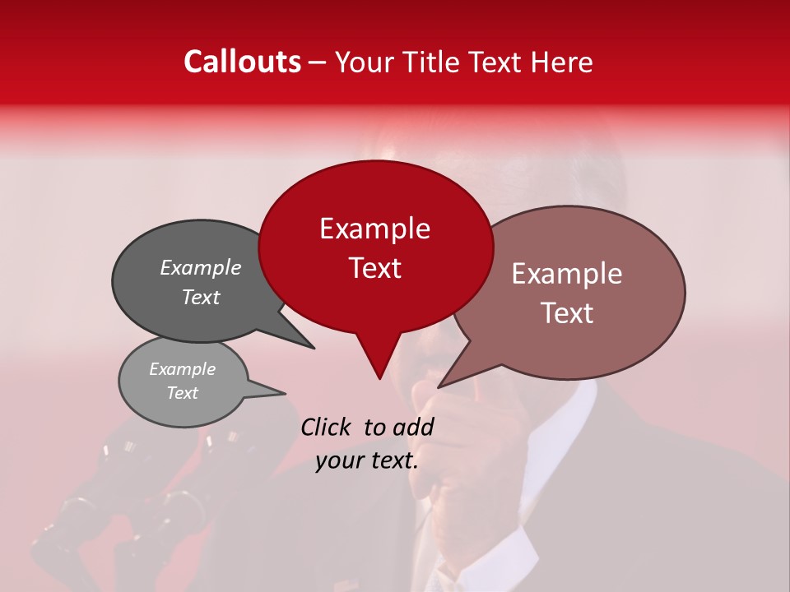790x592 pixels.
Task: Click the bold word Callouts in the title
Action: pos(242,62)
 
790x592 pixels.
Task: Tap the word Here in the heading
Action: pos(562,62)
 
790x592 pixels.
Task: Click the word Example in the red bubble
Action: pos(374,229)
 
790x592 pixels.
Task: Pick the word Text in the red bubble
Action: pos(374,268)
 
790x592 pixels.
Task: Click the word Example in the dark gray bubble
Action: pos(200,267)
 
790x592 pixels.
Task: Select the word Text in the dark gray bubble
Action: pos(200,297)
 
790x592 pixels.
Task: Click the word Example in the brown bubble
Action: pos(566,274)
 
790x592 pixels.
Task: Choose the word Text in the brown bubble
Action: pos(566,313)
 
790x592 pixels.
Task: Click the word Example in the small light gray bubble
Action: pos(182,369)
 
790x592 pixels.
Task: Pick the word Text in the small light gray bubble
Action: pos(182,393)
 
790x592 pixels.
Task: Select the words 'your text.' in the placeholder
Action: pos(367,461)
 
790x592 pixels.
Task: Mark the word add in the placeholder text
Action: pos(413,427)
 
